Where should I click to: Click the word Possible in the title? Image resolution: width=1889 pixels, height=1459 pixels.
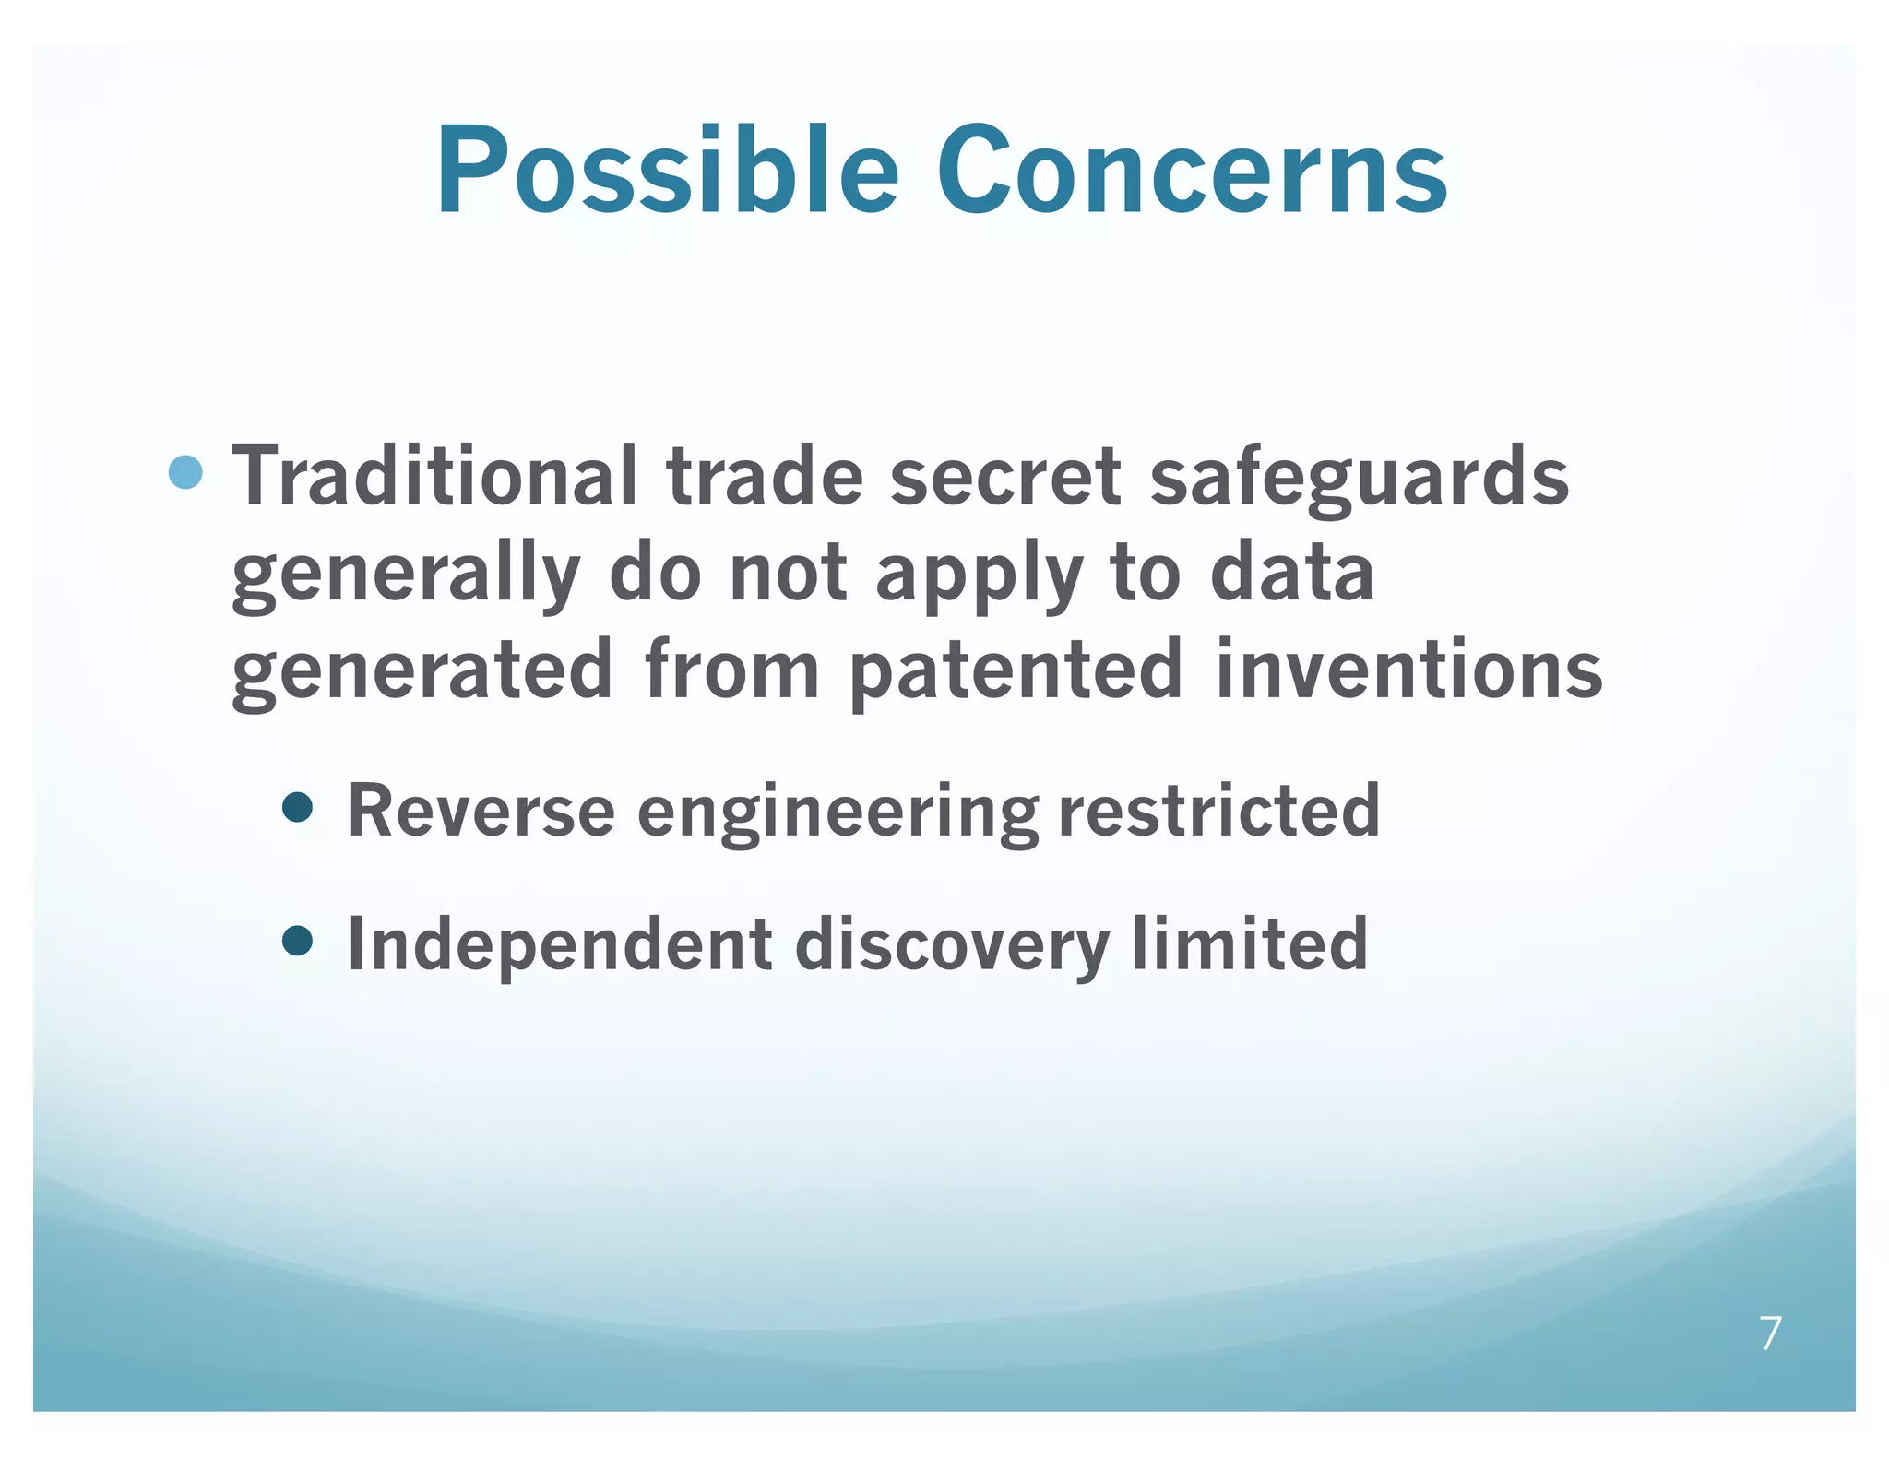666,171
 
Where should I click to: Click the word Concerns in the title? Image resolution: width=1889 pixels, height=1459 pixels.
1192,171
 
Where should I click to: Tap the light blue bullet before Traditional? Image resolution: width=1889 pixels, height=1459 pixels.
186,472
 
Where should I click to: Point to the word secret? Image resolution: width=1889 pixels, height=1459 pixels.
1004,476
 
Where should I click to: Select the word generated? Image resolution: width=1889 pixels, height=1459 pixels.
422,671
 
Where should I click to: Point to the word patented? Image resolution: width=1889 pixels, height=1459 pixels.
1015,671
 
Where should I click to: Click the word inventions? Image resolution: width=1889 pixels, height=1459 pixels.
1408,670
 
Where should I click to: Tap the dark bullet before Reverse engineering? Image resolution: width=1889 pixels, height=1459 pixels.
297,808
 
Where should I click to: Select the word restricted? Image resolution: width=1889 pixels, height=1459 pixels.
1218,810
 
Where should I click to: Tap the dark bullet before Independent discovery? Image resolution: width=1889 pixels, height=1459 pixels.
297,942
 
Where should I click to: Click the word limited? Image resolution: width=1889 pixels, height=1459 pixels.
1250,943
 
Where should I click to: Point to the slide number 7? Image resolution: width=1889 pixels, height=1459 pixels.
1770,1334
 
